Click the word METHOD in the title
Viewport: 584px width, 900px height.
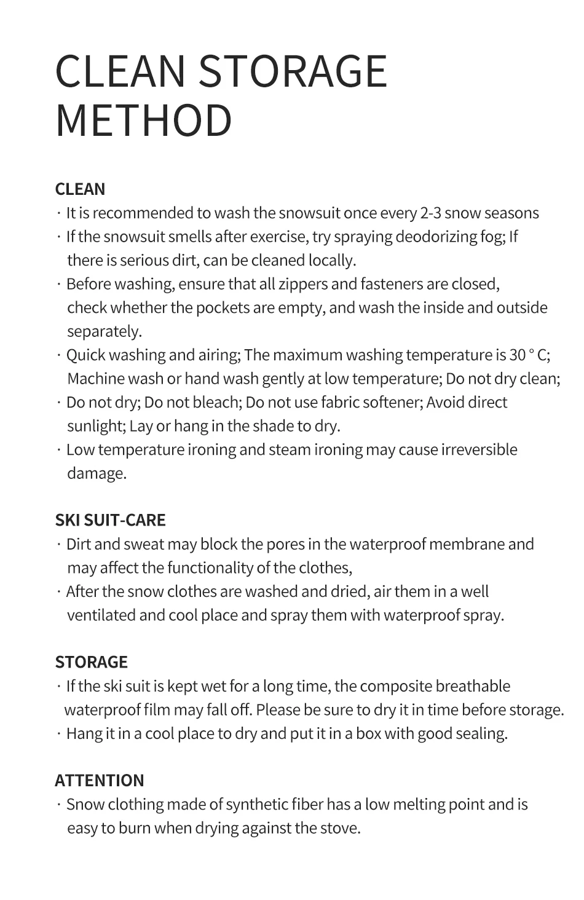(144, 120)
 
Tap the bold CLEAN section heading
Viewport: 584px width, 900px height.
(80, 189)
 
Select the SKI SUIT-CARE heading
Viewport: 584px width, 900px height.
(110, 520)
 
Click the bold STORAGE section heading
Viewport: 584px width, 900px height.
(91, 662)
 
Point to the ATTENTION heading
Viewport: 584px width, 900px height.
(99, 781)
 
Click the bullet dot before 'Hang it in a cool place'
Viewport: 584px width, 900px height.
(59, 734)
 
